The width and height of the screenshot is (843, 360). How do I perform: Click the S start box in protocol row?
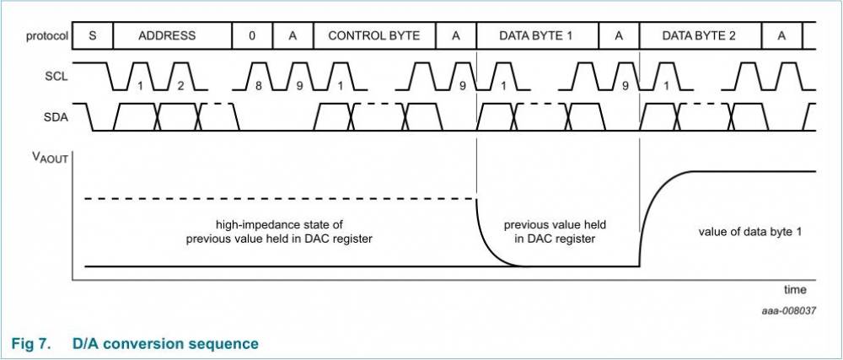click(x=93, y=35)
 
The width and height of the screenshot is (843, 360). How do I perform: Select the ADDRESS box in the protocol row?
click(x=167, y=35)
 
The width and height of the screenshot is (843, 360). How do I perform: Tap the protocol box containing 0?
click(x=252, y=35)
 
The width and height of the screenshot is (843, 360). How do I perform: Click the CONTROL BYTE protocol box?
click(x=374, y=35)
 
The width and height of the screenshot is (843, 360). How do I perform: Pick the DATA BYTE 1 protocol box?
click(x=536, y=35)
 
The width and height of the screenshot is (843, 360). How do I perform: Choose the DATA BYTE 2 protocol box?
click(x=699, y=35)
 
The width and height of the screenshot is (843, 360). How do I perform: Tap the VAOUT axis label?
click(x=49, y=157)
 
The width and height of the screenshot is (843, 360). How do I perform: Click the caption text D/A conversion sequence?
click(x=165, y=343)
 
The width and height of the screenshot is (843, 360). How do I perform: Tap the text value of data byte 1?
click(x=750, y=231)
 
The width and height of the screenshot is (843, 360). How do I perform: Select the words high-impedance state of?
click(x=279, y=225)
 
